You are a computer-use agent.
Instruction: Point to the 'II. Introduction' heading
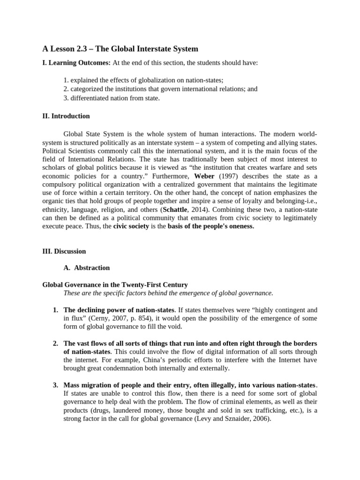[66, 116]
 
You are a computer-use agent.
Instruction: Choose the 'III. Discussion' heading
[64, 251]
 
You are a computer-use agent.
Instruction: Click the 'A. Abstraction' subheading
[86, 268]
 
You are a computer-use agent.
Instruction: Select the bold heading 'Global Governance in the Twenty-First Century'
[115, 285]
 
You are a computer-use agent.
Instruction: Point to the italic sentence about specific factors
[168, 293]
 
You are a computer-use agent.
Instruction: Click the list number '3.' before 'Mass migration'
[55, 385]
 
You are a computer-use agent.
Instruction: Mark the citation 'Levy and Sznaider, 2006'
[231, 419]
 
